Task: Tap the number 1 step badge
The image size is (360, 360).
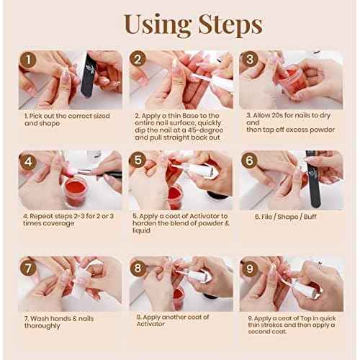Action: (28, 60)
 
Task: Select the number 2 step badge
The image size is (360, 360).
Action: (138, 60)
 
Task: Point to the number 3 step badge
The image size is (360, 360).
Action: (250, 60)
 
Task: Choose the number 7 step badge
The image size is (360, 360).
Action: (28, 267)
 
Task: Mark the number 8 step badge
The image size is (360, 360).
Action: (138, 267)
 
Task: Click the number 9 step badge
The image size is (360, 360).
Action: (250, 267)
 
